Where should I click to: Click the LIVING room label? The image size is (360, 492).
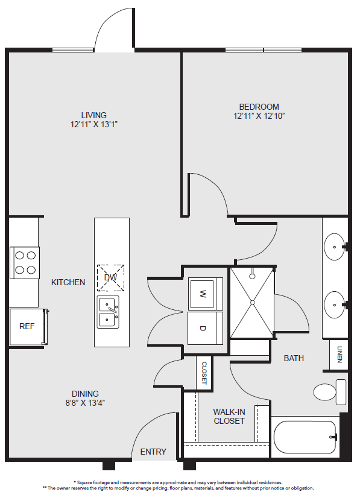94,115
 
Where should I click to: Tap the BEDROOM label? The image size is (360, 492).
259,107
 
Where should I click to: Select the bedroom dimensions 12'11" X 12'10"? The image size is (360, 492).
259,116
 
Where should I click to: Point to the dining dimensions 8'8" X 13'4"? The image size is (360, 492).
85,403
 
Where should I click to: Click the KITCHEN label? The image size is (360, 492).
68,282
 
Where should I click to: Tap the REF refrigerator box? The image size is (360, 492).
28,327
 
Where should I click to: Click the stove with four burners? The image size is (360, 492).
25,263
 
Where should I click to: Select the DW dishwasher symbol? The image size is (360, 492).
110,278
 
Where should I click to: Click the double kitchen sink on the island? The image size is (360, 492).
108,312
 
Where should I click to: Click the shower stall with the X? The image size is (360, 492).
252,303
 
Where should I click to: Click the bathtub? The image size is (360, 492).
305,437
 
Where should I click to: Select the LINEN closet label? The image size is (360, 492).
339,355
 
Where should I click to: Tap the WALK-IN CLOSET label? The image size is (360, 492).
229,417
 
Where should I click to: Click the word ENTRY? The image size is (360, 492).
153,452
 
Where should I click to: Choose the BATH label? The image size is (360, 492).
294,358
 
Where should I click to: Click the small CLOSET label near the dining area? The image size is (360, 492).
204,373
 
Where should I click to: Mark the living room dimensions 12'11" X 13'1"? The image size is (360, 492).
94,124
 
